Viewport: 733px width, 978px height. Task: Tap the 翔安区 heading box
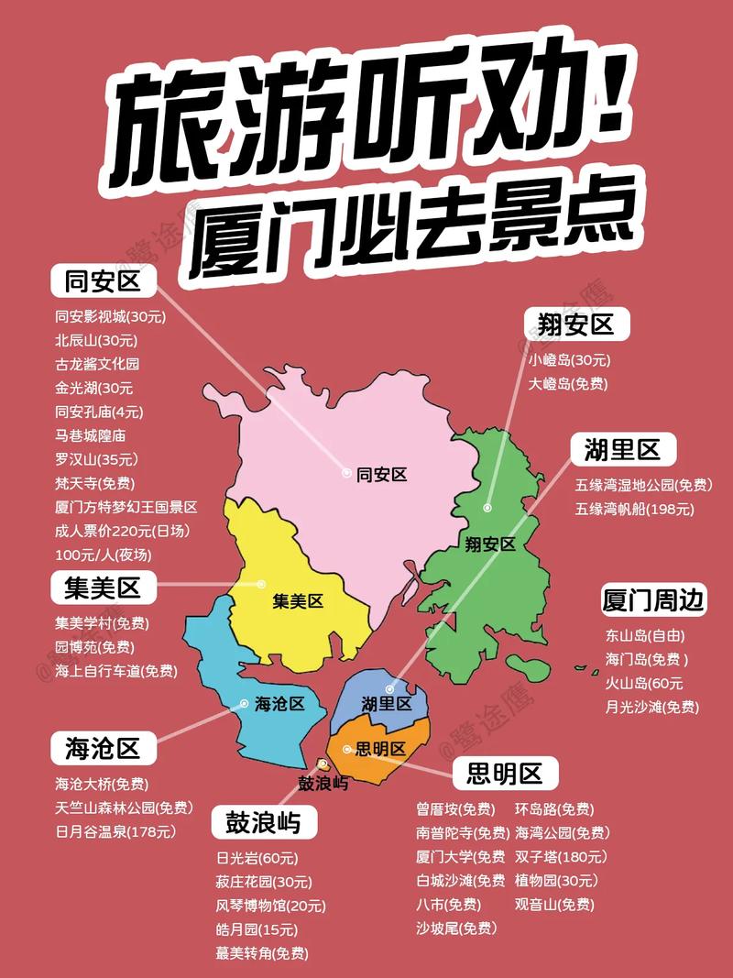pyautogui.click(x=569, y=324)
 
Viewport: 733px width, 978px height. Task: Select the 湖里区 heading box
pyautogui.click(x=622, y=449)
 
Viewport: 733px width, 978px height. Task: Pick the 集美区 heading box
pyautogui.click(x=103, y=588)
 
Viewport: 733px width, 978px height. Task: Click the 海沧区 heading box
pyautogui.click(x=103, y=749)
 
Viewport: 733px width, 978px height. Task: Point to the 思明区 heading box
pyautogui.click(x=505, y=774)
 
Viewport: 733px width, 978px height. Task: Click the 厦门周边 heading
pyautogui.click(x=653, y=600)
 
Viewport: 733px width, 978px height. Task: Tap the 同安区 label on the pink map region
pyautogui.click(x=381, y=475)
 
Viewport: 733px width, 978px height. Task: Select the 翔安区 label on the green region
pyautogui.click(x=490, y=544)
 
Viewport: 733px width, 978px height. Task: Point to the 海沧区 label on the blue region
pyautogui.click(x=279, y=704)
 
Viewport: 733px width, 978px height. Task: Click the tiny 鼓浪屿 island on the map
pyautogui.click(x=323, y=764)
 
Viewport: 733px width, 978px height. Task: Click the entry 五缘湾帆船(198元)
pyautogui.click(x=635, y=509)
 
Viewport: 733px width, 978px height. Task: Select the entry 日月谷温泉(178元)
pyautogui.click(x=115, y=831)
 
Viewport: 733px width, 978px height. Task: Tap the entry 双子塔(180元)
pyautogui.click(x=560, y=857)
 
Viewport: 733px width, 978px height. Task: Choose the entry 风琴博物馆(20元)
pyautogui.click(x=271, y=906)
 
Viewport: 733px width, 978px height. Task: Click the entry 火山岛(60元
pyautogui.click(x=644, y=683)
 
